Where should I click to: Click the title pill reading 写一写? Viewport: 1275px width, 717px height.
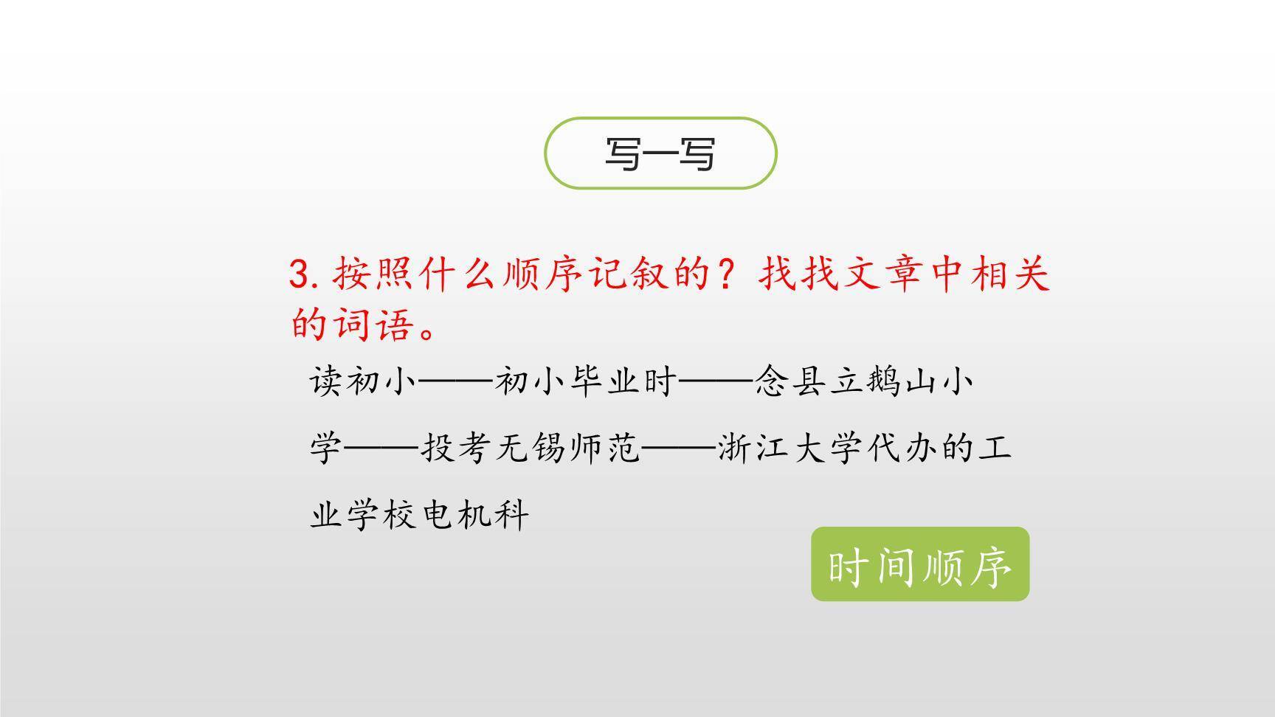(660, 153)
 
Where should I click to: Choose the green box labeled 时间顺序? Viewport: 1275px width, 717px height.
(919, 564)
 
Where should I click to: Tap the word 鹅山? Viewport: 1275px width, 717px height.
(901, 382)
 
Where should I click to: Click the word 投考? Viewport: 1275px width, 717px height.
(456, 448)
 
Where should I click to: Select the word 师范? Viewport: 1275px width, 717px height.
(604, 448)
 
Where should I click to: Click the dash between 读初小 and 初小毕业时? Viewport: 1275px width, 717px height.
(455, 383)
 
